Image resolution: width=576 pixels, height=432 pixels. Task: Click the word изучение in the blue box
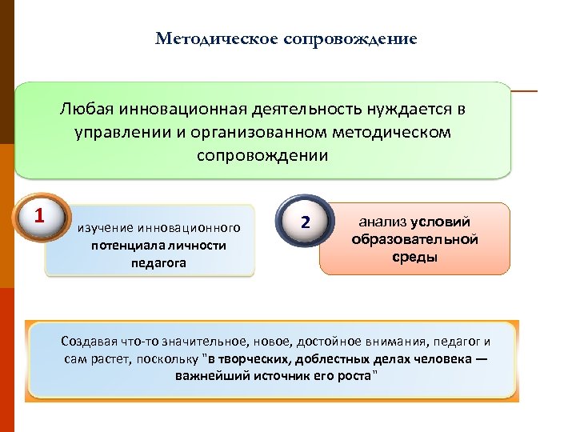click(x=106, y=230)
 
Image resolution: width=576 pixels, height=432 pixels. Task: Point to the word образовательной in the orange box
click(x=414, y=239)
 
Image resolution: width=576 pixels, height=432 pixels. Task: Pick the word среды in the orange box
click(x=414, y=257)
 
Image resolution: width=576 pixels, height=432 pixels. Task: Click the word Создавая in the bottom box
click(x=89, y=342)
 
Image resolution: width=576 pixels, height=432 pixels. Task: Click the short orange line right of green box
click(x=524, y=91)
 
